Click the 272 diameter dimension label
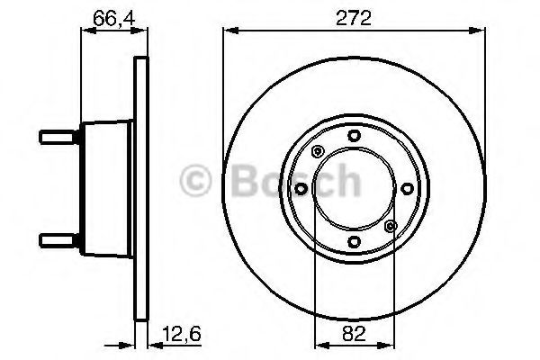(354, 18)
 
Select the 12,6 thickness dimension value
(182, 335)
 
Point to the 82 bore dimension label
(354, 334)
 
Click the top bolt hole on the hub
(354, 135)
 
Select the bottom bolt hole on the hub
(354, 241)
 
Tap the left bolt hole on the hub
(301, 189)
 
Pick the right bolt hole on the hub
(408, 188)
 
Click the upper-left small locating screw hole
(317, 151)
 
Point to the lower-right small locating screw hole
(391, 226)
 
